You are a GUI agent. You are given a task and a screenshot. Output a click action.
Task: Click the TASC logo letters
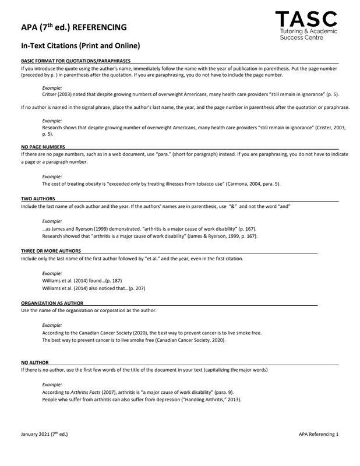[x=307, y=19]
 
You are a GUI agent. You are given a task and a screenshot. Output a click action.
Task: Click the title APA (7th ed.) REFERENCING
[x=73, y=27]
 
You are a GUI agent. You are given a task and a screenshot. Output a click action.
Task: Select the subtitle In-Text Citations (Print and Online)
[x=80, y=45]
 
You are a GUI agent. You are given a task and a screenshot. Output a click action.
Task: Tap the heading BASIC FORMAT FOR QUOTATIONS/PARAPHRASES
[x=76, y=61]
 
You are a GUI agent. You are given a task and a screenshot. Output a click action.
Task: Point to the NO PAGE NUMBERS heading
[x=43, y=146]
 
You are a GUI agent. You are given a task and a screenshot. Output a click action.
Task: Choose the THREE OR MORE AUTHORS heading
[x=51, y=250]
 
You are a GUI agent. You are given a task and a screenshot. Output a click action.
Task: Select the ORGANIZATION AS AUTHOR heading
[x=52, y=303]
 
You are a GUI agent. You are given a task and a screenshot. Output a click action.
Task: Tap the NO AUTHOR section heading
[x=35, y=363]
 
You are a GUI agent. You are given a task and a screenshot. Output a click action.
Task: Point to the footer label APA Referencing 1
[x=319, y=434]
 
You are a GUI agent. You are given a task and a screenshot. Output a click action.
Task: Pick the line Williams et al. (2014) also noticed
[x=93, y=288]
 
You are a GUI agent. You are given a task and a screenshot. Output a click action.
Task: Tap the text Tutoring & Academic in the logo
[x=308, y=30]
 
